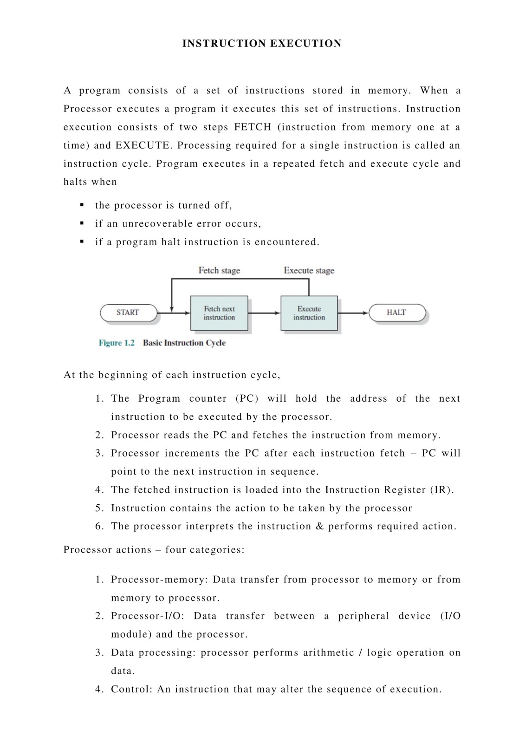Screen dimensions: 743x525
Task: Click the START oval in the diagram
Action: [x=128, y=313]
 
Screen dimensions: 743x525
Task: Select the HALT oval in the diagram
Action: [x=396, y=313]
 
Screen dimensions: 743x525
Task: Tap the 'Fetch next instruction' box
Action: [x=219, y=313]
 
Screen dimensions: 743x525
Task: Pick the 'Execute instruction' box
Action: [x=309, y=313]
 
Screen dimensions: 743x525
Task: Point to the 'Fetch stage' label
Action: [x=219, y=270]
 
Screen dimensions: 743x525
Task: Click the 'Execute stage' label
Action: [x=309, y=270]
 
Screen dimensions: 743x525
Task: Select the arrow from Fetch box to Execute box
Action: [x=264, y=313]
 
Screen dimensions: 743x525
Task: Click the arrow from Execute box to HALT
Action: [x=353, y=313]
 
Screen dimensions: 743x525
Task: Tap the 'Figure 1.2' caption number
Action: [x=117, y=343]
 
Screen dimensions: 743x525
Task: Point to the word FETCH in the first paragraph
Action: [x=253, y=127]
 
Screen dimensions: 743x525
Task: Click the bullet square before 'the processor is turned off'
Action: [x=82, y=205]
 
